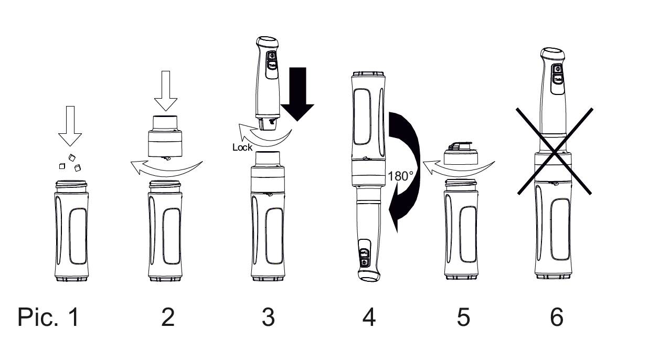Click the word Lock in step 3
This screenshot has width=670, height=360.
click(242, 147)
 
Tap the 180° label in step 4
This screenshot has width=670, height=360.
click(400, 176)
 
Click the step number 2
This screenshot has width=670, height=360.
click(168, 317)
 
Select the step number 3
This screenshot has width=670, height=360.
click(268, 317)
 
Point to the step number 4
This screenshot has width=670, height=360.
click(369, 317)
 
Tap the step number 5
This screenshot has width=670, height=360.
click(463, 317)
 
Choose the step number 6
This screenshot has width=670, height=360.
click(557, 317)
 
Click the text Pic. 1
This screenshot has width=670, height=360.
click(48, 317)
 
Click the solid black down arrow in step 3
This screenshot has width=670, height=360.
click(297, 94)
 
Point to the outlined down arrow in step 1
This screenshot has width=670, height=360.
click(70, 126)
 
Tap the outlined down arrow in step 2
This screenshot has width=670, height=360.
click(166, 91)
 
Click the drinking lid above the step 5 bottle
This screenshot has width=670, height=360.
click(461, 154)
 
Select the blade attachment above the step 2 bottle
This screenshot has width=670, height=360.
click(165, 137)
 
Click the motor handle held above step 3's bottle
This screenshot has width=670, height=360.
click(268, 83)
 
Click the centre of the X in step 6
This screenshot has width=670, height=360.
click(554, 152)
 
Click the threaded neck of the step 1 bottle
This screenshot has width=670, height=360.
click(71, 186)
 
